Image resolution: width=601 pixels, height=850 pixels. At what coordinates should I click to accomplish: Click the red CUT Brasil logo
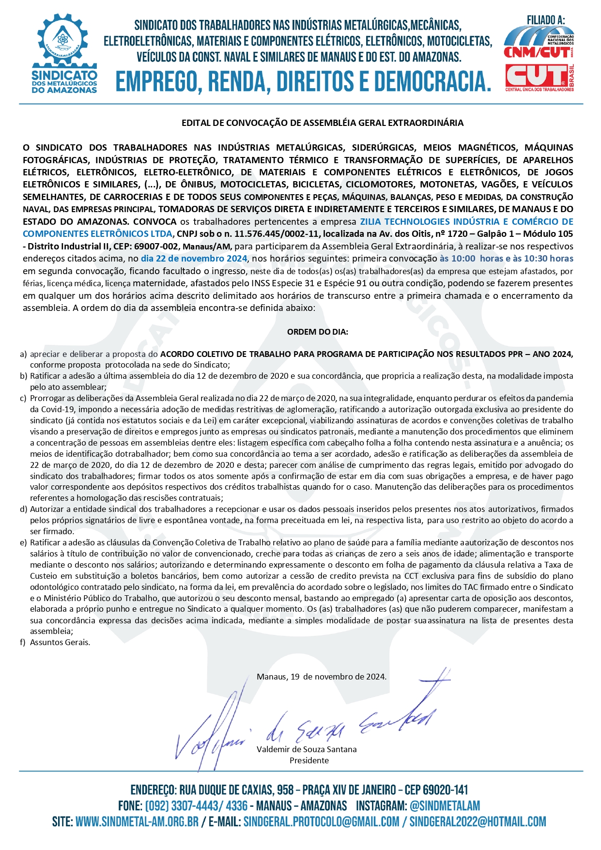(539, 77)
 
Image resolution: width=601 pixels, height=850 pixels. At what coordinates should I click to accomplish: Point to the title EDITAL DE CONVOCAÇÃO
(322, 123)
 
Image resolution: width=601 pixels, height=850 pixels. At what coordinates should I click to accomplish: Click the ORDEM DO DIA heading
(318, 332)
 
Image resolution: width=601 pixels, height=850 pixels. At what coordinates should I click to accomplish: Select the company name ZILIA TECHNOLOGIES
(405, 222)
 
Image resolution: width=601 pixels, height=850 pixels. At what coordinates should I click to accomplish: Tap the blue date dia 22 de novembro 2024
(194, 259)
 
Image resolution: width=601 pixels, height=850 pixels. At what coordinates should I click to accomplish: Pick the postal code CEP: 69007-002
(143, 246)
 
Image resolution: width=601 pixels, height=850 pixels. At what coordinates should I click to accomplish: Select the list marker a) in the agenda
(23, 354)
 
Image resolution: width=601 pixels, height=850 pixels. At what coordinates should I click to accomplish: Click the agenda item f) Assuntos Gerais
(60, 642)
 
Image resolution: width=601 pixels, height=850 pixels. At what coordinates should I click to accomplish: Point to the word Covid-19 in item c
(47, 409)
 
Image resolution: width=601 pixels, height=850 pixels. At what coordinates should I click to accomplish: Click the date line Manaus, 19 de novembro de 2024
(322, 677)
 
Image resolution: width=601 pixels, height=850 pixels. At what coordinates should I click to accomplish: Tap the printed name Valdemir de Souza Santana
(307, 749)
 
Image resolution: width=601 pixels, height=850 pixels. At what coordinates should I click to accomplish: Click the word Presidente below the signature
(309, 760)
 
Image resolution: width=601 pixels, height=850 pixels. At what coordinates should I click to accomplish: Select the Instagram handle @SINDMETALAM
(445, 806)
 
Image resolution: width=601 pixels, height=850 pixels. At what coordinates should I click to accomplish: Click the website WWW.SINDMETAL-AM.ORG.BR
(137, 822)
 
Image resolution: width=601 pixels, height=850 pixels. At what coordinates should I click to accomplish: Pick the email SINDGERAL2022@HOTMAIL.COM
(478, 822)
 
